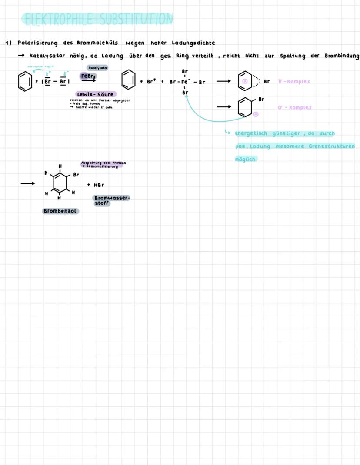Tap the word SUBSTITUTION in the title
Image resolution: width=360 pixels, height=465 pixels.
tap(136, 19)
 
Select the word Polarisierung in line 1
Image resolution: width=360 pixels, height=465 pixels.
tap(37, 43)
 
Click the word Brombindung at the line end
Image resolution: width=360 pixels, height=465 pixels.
tap(342, 56)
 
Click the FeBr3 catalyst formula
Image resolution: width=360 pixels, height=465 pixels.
tap(88, 76)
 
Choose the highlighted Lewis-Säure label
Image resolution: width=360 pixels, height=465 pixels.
tap(95, 94)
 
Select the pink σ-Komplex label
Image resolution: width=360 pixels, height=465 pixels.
tap(295, 107)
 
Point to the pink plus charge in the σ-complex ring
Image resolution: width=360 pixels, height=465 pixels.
tap(256, 114)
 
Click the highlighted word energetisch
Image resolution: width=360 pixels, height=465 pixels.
tap(251, 133)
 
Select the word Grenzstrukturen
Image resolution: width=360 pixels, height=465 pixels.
tap(332, 146)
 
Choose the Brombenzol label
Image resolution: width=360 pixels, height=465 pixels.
tap(60, 211)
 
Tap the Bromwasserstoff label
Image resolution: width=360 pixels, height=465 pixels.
tap(111, 200)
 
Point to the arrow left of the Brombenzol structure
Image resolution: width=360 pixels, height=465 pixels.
tap(27, 183)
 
